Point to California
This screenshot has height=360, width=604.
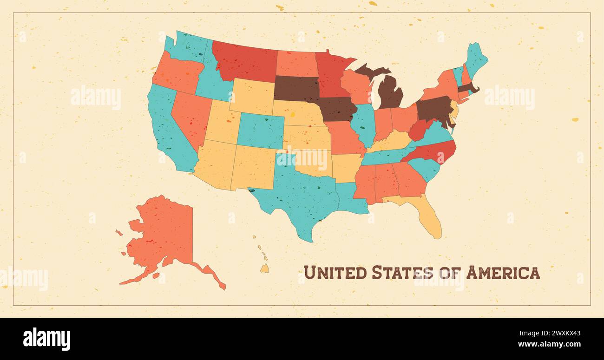click(167, 130)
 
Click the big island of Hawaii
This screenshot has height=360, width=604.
click(264, 268)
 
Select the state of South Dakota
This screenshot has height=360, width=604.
click(296, 88)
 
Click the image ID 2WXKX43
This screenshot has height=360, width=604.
click(557, 333)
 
